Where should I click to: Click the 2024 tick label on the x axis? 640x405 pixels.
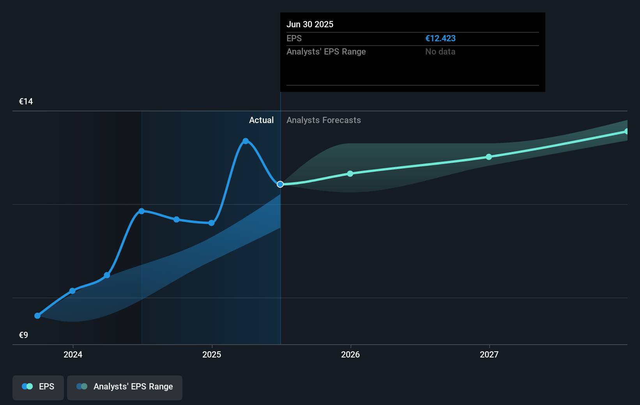click(73, 354)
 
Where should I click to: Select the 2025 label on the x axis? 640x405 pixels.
click(212, 354)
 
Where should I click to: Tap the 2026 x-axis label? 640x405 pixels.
click(350, 354)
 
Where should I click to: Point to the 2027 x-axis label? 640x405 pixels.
click(489, 354)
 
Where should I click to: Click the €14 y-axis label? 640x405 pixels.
click(26, 102)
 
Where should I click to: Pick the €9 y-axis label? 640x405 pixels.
click(23, 335)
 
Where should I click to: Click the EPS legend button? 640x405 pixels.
click(38, 387)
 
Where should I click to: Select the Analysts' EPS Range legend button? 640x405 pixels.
click(125, 387)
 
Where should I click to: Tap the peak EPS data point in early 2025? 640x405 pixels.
click(246, 141)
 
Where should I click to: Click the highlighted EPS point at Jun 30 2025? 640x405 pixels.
click(280, 184)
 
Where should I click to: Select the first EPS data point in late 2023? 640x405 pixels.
click(37, 316)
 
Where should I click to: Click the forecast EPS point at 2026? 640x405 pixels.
click(350, 174)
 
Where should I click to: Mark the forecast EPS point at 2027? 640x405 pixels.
click(489, 157)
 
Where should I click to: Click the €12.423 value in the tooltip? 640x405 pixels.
click(440, 39)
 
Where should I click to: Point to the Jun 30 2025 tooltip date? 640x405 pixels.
click(310, 24)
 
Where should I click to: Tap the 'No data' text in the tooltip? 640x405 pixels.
click(440, 52)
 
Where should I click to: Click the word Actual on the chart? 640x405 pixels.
click(261, 120)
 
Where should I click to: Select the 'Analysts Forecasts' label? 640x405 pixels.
click(324, 120)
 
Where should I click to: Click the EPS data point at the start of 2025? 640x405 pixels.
click(211, 223)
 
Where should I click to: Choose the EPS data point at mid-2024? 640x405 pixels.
click(142, 211)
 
